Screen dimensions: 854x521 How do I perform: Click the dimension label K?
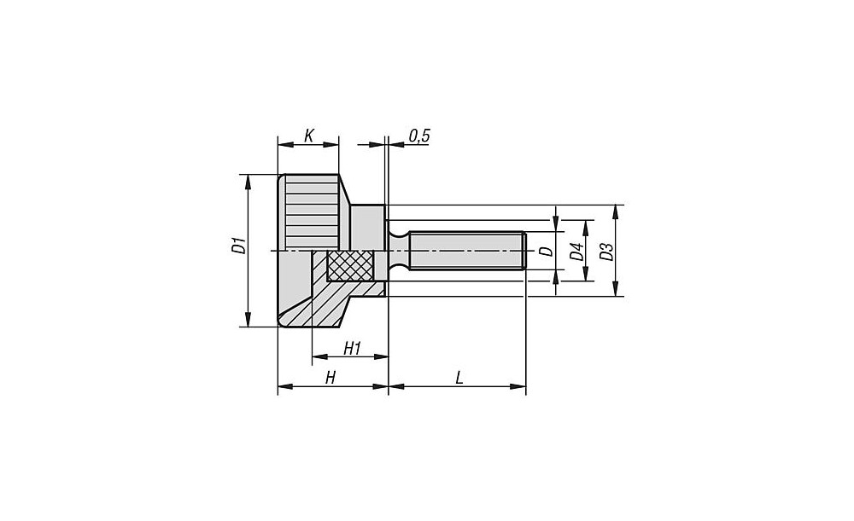[308, 135]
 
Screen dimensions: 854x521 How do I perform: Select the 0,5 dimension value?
[419, 136]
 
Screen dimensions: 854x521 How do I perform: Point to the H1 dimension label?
[353, 348]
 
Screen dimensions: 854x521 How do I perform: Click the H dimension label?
[330, 378]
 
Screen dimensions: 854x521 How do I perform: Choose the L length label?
[459, 378]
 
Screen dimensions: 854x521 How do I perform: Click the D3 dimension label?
[606, 252]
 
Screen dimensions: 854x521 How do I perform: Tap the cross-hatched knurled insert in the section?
[349, 265]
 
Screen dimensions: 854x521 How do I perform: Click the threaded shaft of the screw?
[467, 250]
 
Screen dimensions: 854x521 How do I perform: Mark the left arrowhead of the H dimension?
[285, 386]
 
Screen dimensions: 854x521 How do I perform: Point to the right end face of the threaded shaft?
[525, 251]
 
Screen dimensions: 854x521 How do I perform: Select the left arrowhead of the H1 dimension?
[319, 356]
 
